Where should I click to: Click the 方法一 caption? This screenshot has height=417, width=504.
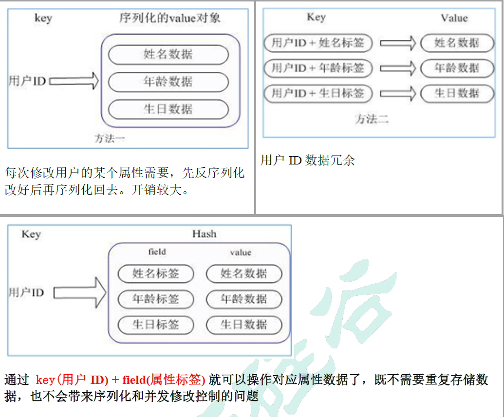[110, 139]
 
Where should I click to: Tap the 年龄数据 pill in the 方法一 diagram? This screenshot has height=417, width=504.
[168, 82]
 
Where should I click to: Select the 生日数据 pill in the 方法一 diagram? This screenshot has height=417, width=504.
[168, 109]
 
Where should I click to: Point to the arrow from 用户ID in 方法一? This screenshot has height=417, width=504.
[74, 81]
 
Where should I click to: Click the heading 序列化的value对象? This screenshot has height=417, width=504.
[169, 18]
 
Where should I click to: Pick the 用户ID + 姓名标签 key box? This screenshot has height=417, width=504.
[318, 43]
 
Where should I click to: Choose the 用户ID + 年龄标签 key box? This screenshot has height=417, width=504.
[318, 68]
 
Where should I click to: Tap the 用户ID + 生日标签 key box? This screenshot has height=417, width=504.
[318, 93]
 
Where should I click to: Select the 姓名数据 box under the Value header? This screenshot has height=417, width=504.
[457, 43]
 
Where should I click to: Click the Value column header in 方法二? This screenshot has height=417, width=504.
[454, 18]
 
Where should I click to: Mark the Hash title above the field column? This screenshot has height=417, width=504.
[204, 234]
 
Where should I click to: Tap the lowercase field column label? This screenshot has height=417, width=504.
[157, 252]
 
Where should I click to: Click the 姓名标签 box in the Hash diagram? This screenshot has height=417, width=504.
[156, 273]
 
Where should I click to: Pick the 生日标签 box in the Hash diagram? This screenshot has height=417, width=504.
[156, 325]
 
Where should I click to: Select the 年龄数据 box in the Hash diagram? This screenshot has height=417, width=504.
[243, 299]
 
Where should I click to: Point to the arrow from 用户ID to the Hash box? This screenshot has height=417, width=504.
[80, 292]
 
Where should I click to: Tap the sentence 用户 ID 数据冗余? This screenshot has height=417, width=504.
[308, 161]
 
